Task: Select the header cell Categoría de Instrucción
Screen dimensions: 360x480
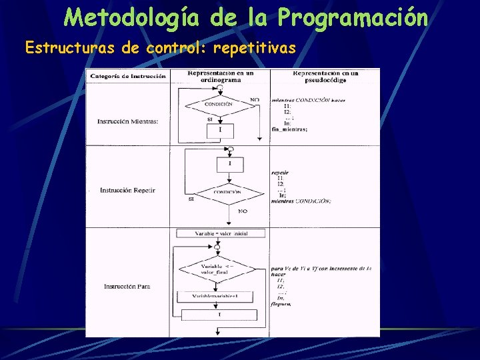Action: [x=129, y=76]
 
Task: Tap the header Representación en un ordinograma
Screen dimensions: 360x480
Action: [x=221, y=75]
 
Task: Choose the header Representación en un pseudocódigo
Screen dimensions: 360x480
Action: [x=325, y=75]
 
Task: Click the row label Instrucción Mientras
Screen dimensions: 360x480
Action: [x=128, y=121]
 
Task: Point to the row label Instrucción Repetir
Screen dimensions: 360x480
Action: [x=127, y=191]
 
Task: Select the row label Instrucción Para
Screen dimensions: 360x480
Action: [x=127, y=287]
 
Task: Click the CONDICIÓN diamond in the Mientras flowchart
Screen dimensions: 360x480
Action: [x=219, y=104]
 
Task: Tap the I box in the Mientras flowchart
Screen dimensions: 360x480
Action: [x=221, y=130]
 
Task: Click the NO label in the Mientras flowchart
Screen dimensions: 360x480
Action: [x=254, y=100]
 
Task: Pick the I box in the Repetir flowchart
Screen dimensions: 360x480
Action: [x=230, y=163]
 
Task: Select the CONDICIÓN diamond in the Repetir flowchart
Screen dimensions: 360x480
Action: [x=228, y=192]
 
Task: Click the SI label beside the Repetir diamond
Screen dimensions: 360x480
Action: [x=191, y=198]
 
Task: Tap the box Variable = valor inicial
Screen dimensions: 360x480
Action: [x=221, y=233]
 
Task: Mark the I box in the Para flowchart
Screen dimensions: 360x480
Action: [x=220, y=315]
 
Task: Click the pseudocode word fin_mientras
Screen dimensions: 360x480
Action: [x=290, y=129]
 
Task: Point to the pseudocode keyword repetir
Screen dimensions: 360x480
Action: [x=280, y=172]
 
